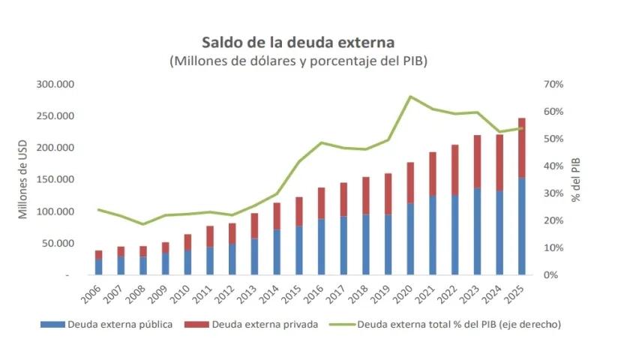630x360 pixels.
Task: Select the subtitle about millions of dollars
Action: click(x=298, y=61)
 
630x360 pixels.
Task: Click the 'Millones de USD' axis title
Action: click(x=22, y=179)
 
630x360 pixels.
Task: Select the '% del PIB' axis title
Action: click(x=576, y=179)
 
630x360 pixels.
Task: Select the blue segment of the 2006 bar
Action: click(x=99, y=267)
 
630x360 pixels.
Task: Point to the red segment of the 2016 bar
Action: click(x=321, y=203)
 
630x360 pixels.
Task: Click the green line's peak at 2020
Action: click(x=411, y=96)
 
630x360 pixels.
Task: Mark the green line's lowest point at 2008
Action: click(x=143, y=224)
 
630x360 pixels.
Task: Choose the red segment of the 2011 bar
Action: click(x=210, y=236)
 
